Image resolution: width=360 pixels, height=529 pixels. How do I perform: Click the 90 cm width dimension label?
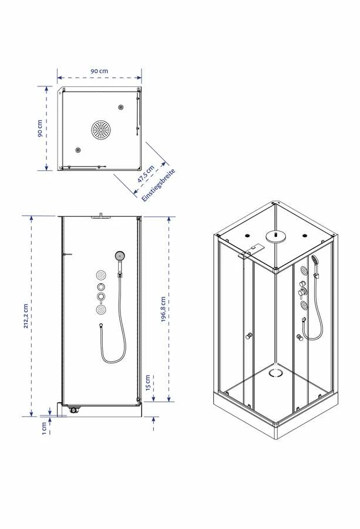99,71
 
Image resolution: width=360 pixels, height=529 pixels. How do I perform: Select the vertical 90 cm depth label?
40,129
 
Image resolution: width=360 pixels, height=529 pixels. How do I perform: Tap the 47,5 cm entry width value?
146,175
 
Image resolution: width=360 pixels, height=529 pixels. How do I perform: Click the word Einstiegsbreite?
159,186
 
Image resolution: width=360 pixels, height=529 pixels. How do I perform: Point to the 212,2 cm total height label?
26,316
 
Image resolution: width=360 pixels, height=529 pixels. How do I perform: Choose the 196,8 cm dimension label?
163,309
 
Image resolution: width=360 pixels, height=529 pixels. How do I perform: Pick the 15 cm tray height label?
147,383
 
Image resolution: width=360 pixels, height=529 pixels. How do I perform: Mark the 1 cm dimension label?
44,428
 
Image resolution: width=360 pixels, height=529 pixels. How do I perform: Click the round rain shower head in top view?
101,129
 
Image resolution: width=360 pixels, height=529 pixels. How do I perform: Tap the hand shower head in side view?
120,256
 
